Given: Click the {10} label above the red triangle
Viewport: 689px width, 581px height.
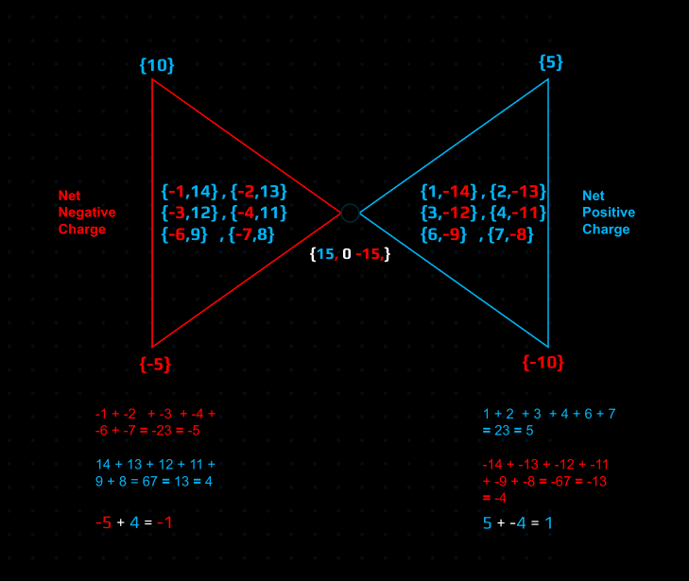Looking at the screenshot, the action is [157, 65].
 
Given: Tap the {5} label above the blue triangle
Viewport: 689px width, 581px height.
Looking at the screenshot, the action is [551, 62].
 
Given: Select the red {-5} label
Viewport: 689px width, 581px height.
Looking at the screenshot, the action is [156, 365].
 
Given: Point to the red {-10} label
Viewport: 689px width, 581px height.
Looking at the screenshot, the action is [544, 363].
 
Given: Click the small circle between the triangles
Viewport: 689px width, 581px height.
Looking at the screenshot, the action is [350, 213].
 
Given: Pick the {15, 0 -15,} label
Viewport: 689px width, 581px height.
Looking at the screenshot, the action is [350, 254].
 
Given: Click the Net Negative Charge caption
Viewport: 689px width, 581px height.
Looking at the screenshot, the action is [82, 213].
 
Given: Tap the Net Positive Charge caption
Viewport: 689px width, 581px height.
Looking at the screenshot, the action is [608, 213].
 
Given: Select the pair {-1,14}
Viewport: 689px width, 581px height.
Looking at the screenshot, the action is [190, 191].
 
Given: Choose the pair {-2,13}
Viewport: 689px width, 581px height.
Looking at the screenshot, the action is [258, 191].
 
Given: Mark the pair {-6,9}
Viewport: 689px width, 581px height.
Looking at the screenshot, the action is [184, 233].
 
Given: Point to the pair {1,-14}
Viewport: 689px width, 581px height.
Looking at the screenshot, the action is [450, 191].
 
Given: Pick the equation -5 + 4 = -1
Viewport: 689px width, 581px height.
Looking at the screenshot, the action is [134, 522].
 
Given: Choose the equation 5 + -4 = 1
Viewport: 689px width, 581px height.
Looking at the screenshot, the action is [518, 522].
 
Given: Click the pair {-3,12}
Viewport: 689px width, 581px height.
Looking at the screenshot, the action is [190, 212].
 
